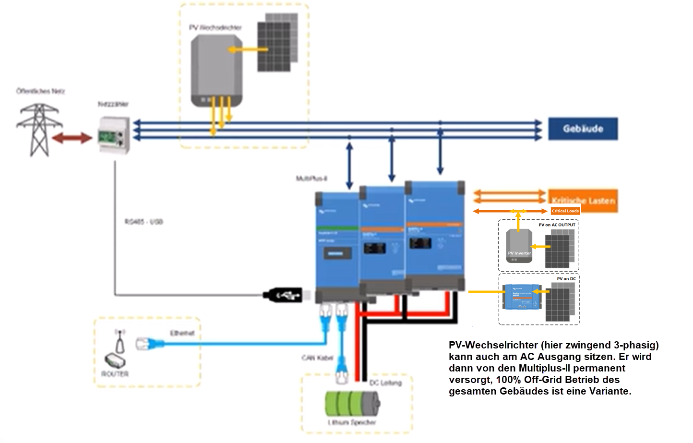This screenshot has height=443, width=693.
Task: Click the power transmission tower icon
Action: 38,130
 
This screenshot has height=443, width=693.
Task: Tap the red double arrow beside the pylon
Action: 72,138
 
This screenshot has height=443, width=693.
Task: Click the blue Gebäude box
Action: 583,129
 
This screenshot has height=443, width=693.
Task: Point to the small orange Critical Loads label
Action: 565,211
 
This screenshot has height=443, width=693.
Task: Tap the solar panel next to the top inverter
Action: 276,43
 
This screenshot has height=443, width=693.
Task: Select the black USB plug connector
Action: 283,295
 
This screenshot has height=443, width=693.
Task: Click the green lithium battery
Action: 352,404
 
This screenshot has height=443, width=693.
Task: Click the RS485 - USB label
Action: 143,222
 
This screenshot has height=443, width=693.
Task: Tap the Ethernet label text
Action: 182,333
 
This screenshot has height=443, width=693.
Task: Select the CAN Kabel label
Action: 317,358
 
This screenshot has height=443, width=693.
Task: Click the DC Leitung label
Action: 385,383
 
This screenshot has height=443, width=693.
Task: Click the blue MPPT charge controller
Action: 522,297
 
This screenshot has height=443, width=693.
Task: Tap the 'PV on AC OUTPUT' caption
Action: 557,225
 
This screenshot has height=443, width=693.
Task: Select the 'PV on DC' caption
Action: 566,278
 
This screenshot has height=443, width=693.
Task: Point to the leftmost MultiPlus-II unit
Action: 337,245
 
